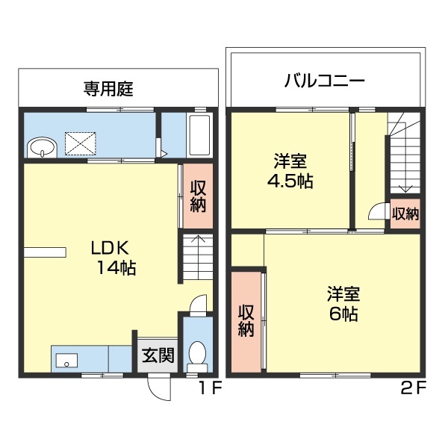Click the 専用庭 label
click(108, 89)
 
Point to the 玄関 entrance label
click(158, 355)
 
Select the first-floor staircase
click(196, 257)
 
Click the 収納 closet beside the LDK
click(198, 196)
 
